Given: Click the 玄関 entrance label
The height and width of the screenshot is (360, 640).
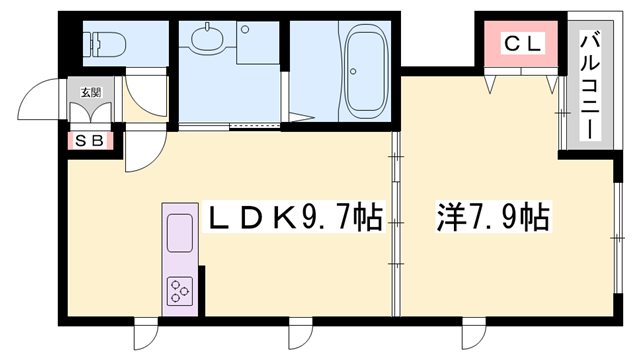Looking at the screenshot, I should click(90, 93).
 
